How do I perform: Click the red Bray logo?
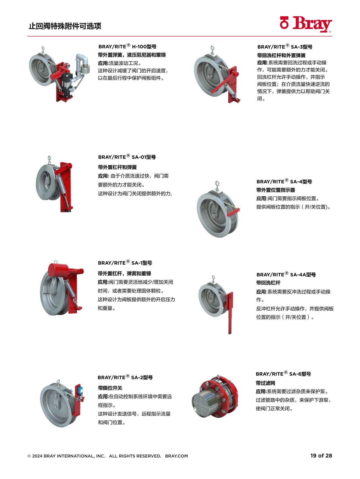pos(306,24)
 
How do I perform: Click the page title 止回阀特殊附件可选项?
pos(65,26)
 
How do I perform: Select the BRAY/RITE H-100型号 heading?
pos(127,46)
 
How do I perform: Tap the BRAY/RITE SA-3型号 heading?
pos(285,46)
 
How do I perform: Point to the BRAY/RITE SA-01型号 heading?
pos(127,157)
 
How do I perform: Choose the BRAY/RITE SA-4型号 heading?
pos(284,181)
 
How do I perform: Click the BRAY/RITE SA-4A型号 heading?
pos(286,274)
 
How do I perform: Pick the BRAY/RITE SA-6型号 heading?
pos(283,374)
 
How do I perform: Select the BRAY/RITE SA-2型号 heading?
pos(125,377)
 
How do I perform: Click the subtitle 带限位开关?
pos(110,388)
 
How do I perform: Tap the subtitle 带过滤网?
pos(265,383)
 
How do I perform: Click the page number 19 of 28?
pos(321,455)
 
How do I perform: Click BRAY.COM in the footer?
pos(177,456)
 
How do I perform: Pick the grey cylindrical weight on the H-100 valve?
pos(85,68)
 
